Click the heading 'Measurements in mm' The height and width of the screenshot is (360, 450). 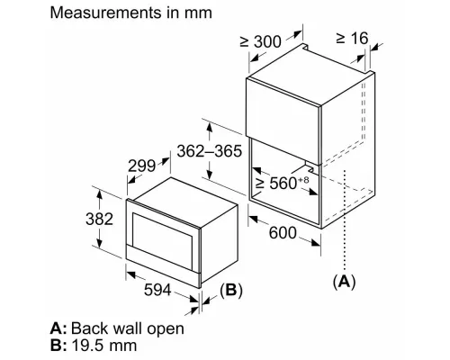coord(132,14)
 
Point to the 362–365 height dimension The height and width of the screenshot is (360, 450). coord(209,151)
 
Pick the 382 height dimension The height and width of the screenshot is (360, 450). coord(80,219)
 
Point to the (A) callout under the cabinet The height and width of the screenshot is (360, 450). coord(343,282)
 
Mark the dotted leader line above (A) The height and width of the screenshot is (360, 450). coord(345,225)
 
